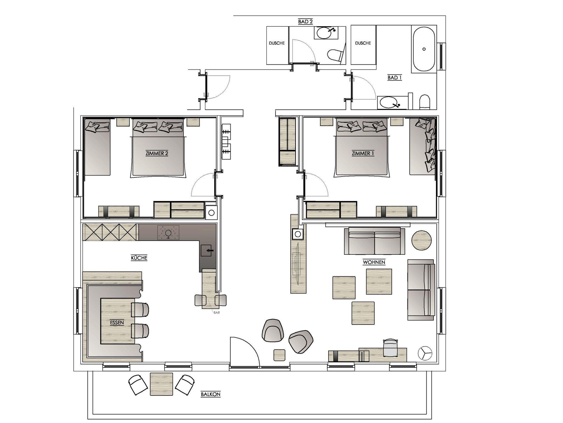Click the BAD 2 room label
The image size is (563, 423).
click(305, 21)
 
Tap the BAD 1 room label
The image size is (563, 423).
click(394, 78)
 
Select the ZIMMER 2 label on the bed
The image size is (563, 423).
click(157, 153)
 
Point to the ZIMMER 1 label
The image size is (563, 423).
click(363, 153)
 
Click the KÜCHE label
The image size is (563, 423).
click(139, 258)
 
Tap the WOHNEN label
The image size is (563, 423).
click(374, 262)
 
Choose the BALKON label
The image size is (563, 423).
click(211, 394)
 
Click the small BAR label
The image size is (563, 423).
click(217, 312)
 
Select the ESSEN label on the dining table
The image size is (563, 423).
click(117, 323)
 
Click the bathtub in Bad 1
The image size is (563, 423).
click(424, 49)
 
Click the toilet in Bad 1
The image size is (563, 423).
click(424, 101)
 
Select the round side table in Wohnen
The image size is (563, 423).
click(421, 240)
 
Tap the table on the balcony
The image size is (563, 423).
click(161, 384)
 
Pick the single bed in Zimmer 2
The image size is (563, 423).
click(97, 147)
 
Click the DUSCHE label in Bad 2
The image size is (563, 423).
click(277, 43)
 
